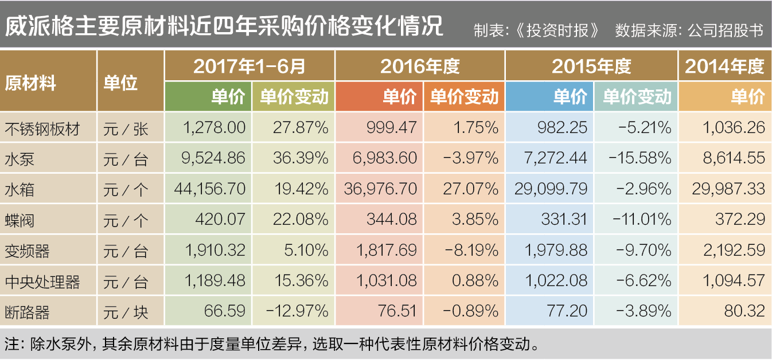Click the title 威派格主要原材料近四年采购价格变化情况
click(x=224, y=26)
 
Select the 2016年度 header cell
click(x=420, y=66)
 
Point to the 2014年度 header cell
click(x=725, y=66)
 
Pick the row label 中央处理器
click(x=42, y=282)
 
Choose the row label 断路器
click(x=27, y=312)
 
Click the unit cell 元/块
click(x=126, y=312)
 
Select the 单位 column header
click(x=120, y=83)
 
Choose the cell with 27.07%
click(x=470, y=189)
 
